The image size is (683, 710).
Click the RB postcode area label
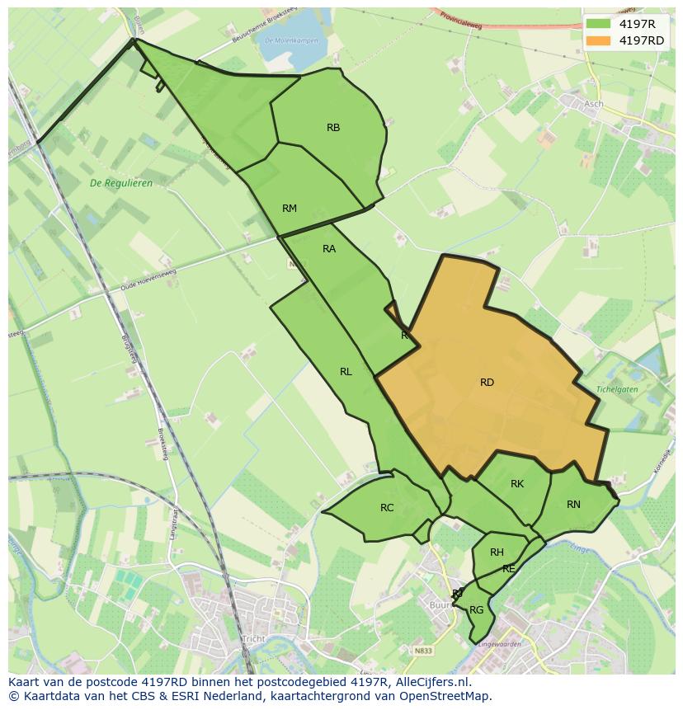pyautogui.click(x=333, y=128)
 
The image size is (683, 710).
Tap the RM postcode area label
pyautogui.click(x=289, y=209)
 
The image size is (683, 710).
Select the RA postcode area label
pyautogui.click(x=329, y=249)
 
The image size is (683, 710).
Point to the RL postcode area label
pyautogui.click(x=346, y=372)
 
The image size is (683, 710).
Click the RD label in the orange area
pyautogui.click(x=487, y=383)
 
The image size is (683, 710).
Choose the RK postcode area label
pyautogui.click(x=517, y=484)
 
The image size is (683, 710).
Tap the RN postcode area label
pyautogui.click(x=573, y=505)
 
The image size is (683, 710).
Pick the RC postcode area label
pyautogui.click(x=387, y=508)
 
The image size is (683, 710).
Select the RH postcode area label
pyautogui.click(x=497, y=552)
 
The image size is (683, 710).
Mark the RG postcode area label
pyautogui.click(x=476, y=610)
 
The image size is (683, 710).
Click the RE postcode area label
pyautogui.click(x=509, y=569)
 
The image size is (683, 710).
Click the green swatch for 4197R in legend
pyautogui.click(x=598, y=23)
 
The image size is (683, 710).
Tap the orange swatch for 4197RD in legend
pyautogui.click(x=598, y=40)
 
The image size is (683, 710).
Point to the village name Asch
pyautogui.click(x=593, y=104)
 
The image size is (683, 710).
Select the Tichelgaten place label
pyautogui.click(x=617, y=389)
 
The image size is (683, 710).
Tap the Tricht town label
pyautogui.click(x=253, y=639)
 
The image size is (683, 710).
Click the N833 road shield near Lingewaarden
pyautogui.click(x=423, y=651)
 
